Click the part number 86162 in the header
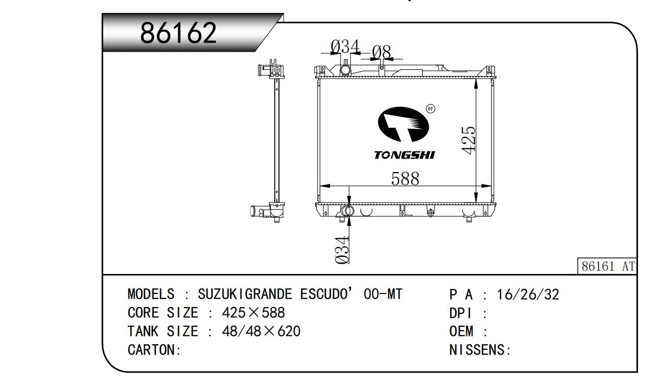[x=178, y=33]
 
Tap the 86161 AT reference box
[x=607, y=266]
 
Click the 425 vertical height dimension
[x=468, y=140]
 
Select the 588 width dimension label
[x=405, y=178]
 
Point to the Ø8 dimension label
[x=381, y=52]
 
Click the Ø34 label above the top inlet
[x=345, y=47]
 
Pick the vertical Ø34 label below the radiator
[x=342, y=250]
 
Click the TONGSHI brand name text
[x=404, y=155]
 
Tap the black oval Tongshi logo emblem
[x=403, y=124]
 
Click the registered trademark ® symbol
[x=431, y=109]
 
